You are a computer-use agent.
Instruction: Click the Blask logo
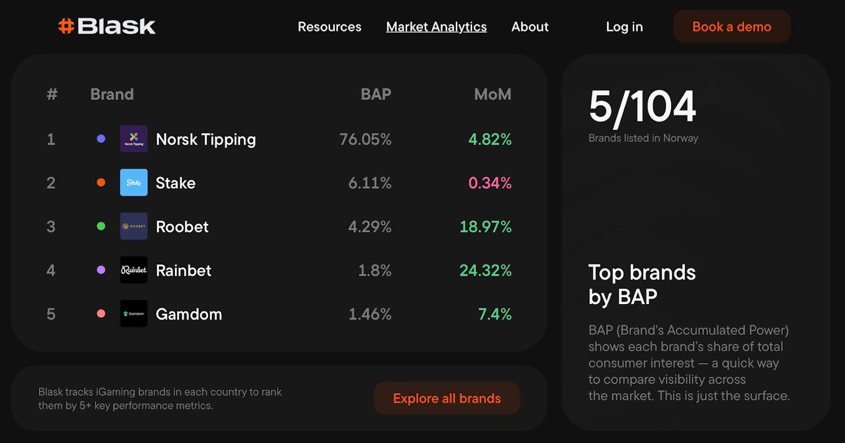click(x=107, y=26)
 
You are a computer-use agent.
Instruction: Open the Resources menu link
click(x=330, y=27)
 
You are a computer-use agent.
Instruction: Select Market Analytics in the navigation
click(x=436, y=27)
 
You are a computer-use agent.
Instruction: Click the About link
click(x=530, y=27)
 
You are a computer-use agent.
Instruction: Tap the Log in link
click(x=624, y=27)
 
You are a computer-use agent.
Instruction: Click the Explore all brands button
click(x=447, y=398)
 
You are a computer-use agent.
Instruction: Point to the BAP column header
click(x=375, y=95)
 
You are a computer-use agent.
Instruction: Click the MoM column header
click(x=492, y=95)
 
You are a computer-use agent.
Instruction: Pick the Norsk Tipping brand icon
click(x=134, y=139)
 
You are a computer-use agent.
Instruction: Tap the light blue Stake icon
click(x=134, y=183)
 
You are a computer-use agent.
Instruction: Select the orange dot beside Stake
click(x=101, y=183)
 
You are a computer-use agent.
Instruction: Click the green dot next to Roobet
click(x=101, y=227)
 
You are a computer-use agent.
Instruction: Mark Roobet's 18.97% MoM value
click(x=485, y=227)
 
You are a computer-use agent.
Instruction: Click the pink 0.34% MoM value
click(x=490, y=183)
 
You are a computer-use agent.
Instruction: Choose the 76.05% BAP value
click(x=365, y=139)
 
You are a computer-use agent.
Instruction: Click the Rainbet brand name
click(x=183, y=270)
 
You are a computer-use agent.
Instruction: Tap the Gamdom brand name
click(x=189, y=314)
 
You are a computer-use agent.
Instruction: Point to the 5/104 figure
click(x=642, y=107)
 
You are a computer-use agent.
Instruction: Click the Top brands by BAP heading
click(x=642, y=285)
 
